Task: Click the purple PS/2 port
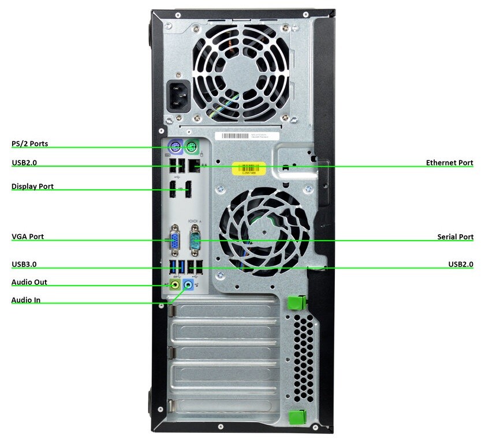[x=175, y=145]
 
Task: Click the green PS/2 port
[x=193, y=145]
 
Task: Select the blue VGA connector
[x=174, y=239]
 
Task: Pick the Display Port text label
[x=32, y=186]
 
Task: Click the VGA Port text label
[x=28, y=237]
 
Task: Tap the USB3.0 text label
[x=24, y=264]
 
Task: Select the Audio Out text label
[x=29, y=282]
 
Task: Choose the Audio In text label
[x=26, y=300]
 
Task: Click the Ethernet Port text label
[x=449, y=163]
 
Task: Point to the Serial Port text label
[x=455, y=237]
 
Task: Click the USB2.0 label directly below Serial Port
[x=461, y=264]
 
